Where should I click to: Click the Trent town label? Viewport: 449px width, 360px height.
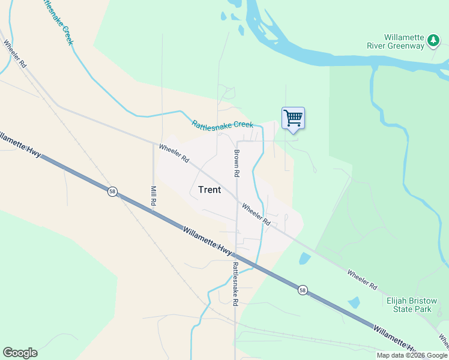point(209,190)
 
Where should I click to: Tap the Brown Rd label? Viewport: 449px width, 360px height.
point(237,163)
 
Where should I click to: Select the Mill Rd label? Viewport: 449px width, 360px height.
point(153,196)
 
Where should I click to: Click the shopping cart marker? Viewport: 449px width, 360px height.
point(293,118)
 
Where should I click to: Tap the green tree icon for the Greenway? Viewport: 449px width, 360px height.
point(433,41)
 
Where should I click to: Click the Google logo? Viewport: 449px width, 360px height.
point(20,353)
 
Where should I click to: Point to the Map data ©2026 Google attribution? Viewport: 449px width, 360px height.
point(412,355)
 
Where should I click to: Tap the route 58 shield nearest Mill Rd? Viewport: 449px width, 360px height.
point(112,191)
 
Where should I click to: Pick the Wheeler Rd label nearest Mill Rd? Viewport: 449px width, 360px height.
point(174,153)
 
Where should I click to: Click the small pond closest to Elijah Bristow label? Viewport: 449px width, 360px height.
point(354,303)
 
